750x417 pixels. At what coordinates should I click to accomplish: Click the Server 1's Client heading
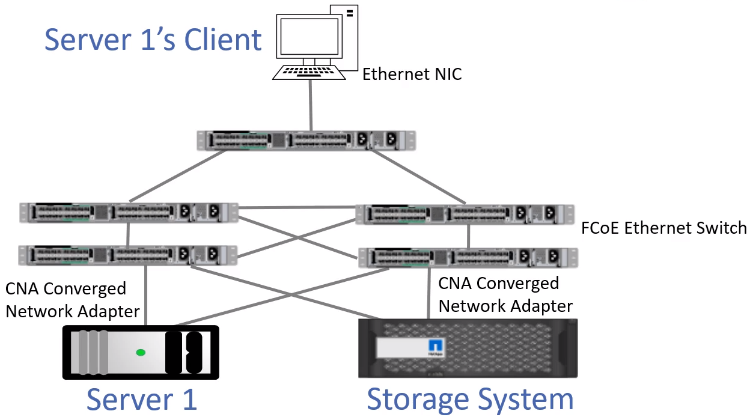click(x=153, y=40)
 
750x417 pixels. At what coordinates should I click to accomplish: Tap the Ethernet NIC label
click(x=412, y=75)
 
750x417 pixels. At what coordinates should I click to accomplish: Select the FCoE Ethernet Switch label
click(x=664, y=228)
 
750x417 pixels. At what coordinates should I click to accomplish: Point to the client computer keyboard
click(x=309, y=72)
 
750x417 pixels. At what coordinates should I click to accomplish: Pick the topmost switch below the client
click(x=306, y=140)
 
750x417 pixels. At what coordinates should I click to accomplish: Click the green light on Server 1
click(x=141, y=352)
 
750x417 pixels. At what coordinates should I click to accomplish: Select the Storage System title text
click(x=470, y=400)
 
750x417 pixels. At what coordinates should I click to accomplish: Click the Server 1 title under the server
click(x=142, y=400)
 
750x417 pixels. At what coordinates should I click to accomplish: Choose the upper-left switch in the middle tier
click(x=128, y=213)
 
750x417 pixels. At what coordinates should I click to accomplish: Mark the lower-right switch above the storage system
click(x=468, y=258)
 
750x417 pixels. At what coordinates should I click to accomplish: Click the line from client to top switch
click(x=311, y=105)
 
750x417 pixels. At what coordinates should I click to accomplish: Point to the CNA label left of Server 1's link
click(x=72, y=300)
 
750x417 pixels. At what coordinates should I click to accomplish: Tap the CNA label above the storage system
click(x=505, y=294)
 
